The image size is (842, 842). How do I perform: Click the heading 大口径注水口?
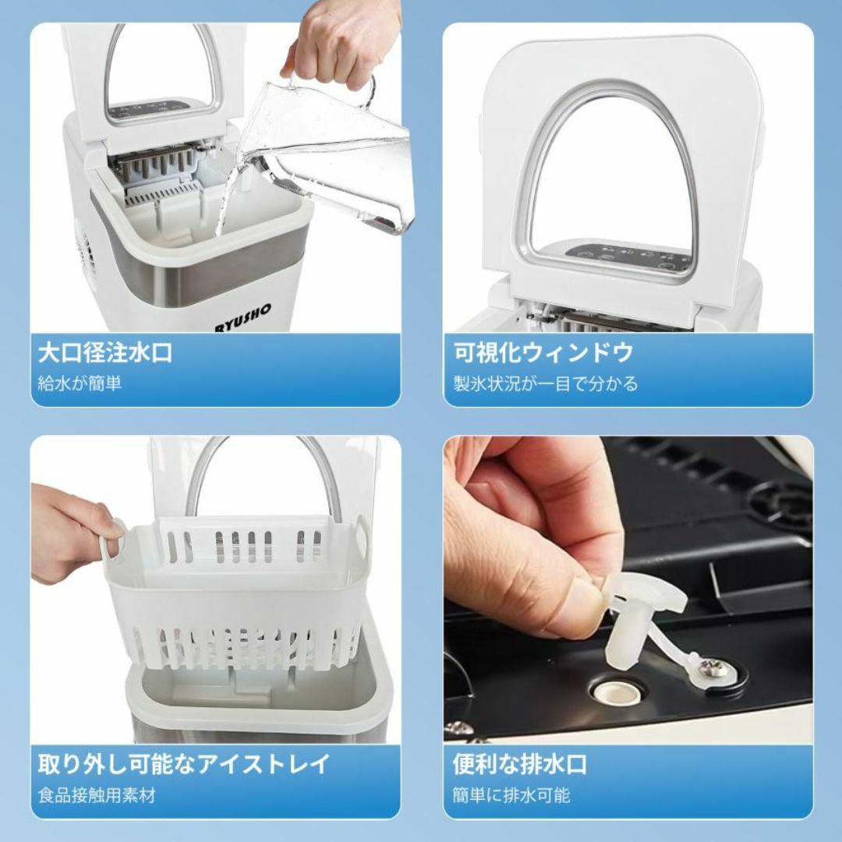click(105, 353)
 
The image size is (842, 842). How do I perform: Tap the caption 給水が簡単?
click(80, 384)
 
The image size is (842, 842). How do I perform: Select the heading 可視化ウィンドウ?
click(543, 353)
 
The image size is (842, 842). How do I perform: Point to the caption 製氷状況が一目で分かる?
click(546, 384)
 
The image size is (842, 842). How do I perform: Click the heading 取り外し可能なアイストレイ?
click(184, 764)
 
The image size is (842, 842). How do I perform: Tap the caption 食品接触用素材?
click(97, 796)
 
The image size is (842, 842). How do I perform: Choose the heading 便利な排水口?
click(520, 764)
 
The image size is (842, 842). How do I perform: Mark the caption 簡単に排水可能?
click(511, 796)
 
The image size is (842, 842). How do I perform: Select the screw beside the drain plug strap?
click(712, 667)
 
